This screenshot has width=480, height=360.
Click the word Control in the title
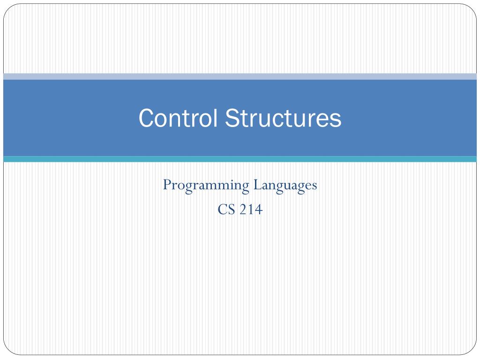178,118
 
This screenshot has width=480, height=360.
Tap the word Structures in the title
283,118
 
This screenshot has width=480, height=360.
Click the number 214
251,210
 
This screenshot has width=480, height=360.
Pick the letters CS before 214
227,210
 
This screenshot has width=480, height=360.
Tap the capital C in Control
146,118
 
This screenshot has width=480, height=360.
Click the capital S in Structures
233,118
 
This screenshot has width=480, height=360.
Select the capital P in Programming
167,184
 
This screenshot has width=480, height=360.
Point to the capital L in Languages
257,184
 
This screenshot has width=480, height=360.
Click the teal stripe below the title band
240,159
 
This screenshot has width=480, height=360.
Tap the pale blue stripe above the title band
240,76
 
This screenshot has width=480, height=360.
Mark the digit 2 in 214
243,210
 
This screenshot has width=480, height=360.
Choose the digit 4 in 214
259,210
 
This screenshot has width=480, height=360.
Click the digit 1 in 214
251,210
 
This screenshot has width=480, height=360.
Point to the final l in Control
215,118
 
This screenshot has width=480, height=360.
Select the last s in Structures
336,120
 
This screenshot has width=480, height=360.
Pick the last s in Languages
314,186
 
